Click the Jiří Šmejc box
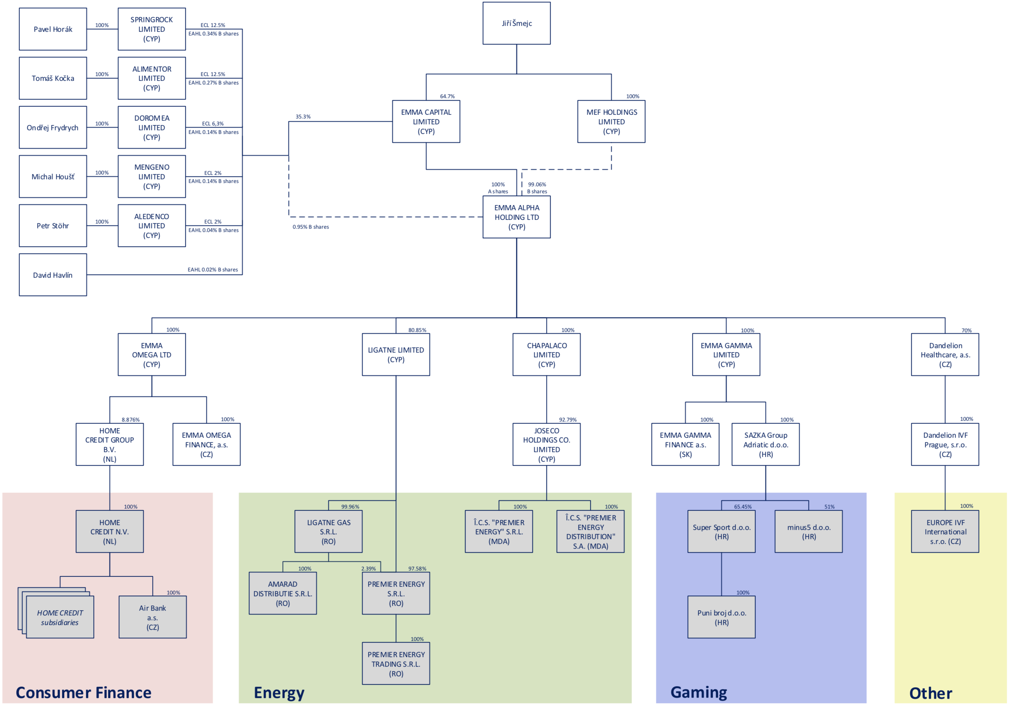point(516,23)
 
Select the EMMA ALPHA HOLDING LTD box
point(516,217)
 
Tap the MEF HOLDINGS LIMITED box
point(611,121)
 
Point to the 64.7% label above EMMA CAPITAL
point(447,96)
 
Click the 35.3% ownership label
point(303,117)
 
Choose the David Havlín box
point(53,275)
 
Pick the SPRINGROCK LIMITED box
point(151,29)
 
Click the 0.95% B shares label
point(311,227)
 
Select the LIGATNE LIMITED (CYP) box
point(396,354)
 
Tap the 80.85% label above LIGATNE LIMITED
point(417,330)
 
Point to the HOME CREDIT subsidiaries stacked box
point(60,618)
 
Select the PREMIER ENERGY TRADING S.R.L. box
point(396,664)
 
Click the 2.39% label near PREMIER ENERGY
point(368,569)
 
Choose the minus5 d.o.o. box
point(809,531)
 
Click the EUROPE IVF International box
point(945,531)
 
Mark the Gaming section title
point(699,692)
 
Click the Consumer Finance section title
point(84,693)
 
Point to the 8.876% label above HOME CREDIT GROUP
point(130,420)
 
